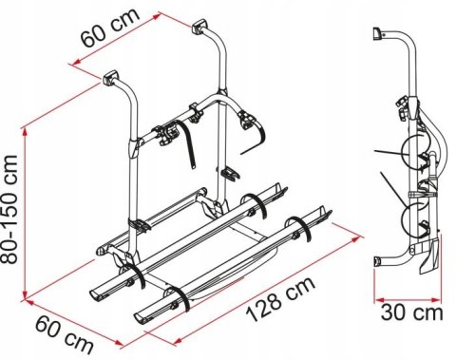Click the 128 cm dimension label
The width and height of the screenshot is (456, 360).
pyautogui.click(x=280, y=299)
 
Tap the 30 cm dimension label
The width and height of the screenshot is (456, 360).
pyautogui.click(x=411, y=313)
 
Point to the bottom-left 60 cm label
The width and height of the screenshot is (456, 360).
pyautogui.click(x=65, y=335)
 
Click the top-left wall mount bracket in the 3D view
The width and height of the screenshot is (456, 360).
pyautogui.click(x=110, y=78)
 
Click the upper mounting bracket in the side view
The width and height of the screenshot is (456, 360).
pyautogui.click(x=377, y=33)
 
